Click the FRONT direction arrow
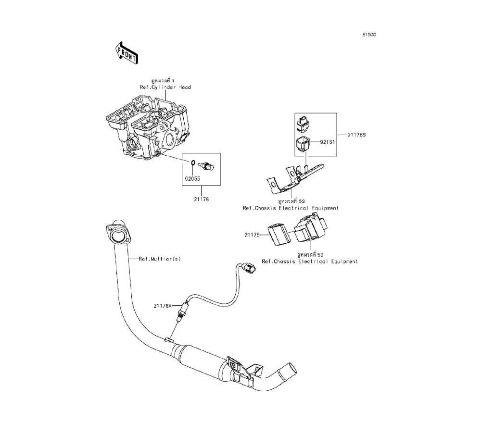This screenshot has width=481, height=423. click(x=126, y=52)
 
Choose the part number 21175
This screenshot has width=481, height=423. click(x=252, y=235)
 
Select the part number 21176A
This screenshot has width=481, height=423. click(x=163, y=305)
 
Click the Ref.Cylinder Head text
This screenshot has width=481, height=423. click(x=165, y=87)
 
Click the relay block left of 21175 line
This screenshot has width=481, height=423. click(x=278, y=234)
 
